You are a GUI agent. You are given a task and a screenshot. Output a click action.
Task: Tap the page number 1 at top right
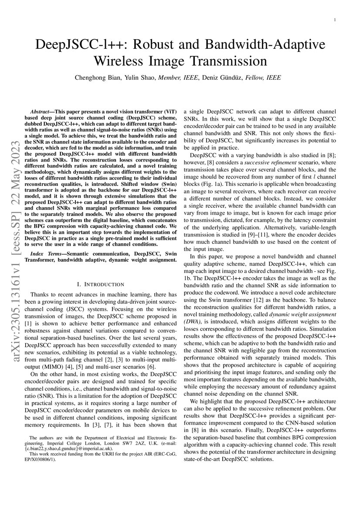pos(333,20)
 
